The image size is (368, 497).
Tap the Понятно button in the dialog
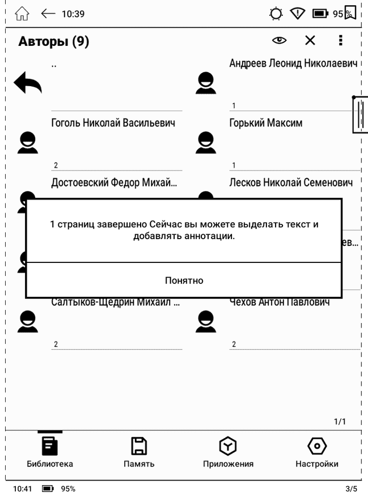(x=184, y=281)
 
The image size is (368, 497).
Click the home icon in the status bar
(x=22, y=14)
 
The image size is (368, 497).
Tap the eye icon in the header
(x=279, y=40)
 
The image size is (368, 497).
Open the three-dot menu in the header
(x=340, y=40)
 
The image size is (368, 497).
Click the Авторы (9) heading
(x=53, y=41)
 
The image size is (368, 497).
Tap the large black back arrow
(x=28, y=83)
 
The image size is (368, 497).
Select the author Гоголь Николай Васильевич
(x=113, y=123)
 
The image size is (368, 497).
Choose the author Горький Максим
(x=265, y=123)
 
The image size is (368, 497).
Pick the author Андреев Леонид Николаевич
(x=293, y=63)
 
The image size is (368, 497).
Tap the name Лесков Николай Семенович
(x=291, y=183)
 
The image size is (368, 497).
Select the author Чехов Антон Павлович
(x=280, y=302)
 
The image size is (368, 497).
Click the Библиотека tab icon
(x=50, y=446)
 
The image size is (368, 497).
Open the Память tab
(x=139, y=452)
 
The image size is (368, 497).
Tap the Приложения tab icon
(x=228, y=446)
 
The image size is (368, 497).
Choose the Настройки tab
(x=316, y=452)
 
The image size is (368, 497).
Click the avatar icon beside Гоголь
(x=27, y=143)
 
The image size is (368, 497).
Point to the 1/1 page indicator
(x=340, y=422)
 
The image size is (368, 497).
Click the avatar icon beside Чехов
(x=205, y=322)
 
